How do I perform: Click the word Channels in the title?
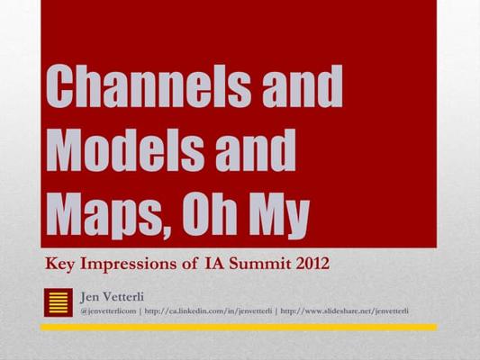pos(149,85)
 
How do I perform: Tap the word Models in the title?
pos(125,150)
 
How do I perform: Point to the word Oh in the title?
pos(209,212)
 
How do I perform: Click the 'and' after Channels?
pos(303,85)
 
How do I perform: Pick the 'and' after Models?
pos(256,150)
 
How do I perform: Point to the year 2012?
pos(312,264)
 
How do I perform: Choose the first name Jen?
pos(89,297)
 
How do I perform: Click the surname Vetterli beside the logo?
pos(123,297)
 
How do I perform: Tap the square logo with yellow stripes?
pos(59,302)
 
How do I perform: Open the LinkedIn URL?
pos(208,311)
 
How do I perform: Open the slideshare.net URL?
pos(344,311)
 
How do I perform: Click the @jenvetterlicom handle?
pos(108,311)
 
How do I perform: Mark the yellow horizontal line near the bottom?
pos(239,328)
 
